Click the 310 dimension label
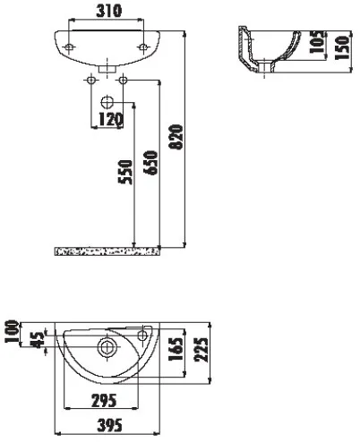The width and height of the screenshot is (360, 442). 109,11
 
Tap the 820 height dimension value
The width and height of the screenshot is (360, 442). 176,137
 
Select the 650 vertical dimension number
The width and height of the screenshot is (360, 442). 150,163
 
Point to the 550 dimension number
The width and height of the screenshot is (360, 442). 125,172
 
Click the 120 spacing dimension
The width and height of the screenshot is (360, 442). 110,119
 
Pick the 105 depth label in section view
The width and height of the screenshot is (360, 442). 317,42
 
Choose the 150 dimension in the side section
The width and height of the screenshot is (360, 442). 342,47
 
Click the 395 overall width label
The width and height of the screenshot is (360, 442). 110,425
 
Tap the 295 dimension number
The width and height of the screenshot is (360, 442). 104,401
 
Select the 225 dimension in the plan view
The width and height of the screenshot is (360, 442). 201,350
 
